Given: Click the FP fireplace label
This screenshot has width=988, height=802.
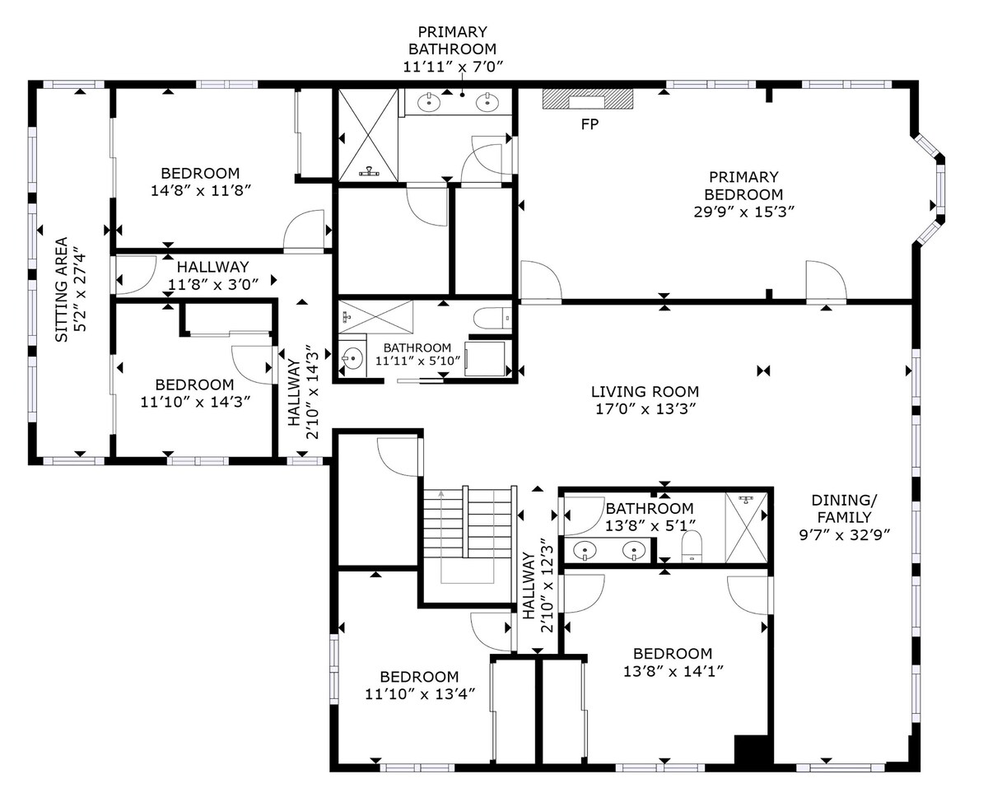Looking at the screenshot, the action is click(590, 124).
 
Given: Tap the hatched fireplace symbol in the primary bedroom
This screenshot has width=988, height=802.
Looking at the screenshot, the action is click(588, 99).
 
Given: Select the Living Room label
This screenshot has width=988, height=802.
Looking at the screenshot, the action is click(645, 391).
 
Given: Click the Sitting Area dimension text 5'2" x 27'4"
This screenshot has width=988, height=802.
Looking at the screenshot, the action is click(80, 292).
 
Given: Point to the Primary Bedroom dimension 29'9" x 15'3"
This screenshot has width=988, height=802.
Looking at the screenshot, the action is click(744, 212).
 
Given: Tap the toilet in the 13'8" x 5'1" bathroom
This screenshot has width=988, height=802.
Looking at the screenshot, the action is click(692, 546).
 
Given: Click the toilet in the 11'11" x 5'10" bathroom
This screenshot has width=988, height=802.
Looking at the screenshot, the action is click(492, 318).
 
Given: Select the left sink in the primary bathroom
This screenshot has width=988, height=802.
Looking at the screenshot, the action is click(429, 102).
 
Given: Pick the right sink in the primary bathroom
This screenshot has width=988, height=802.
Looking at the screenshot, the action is click(487, 102).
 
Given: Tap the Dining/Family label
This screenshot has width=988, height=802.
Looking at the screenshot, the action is click(844, 508).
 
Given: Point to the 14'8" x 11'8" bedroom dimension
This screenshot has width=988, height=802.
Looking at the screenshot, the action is click(200, 191).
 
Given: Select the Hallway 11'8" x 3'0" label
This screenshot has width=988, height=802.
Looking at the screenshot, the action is click(213, 276).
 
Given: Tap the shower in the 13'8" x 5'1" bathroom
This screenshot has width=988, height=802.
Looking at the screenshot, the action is click(746, 528).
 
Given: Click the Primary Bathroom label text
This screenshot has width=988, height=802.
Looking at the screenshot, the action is click(452, 40).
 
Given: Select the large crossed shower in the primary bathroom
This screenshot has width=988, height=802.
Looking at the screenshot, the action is click(368, 135).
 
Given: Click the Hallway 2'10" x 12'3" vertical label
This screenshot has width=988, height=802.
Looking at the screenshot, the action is click(538, 585).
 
